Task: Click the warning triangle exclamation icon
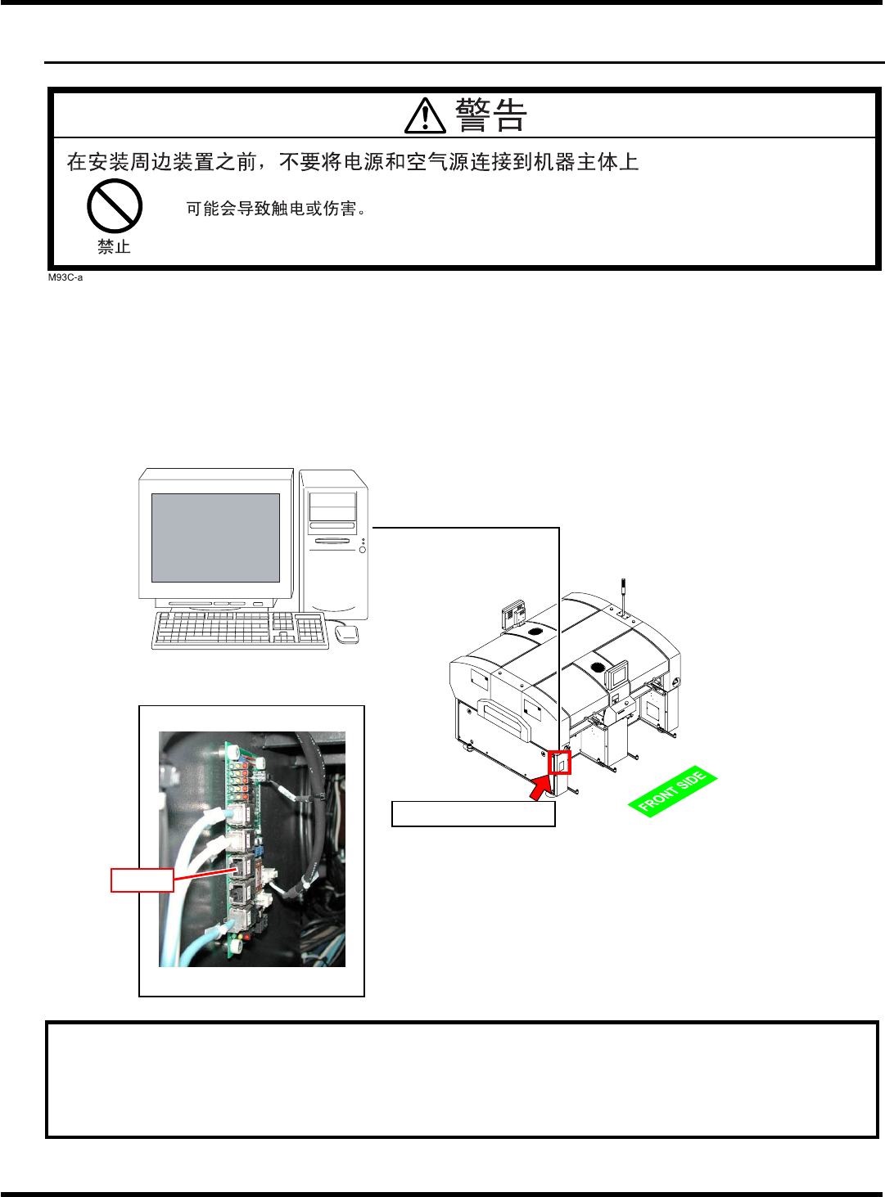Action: tap(425, 116)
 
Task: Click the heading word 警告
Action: tap(490, 115)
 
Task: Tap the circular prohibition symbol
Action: tap(115, 206)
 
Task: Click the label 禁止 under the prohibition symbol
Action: tap(114, 247)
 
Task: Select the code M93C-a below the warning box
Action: tap(65, 277)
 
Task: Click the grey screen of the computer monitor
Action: tap(215, 538)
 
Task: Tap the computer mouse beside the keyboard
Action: tap(346, 633)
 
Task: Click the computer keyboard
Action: tap(239, 630)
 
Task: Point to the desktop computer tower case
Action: tap(333, 543)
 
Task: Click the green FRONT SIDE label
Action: tap(672, 791)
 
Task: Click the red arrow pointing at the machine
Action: tap(540, 787)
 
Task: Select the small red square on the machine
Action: tap(560, 762)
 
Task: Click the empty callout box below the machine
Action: tap(473, 813)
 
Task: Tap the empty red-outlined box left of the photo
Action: tap(142, 880)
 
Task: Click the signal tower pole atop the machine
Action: tap(623, 596)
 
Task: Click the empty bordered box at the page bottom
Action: tap(462, 1079)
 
